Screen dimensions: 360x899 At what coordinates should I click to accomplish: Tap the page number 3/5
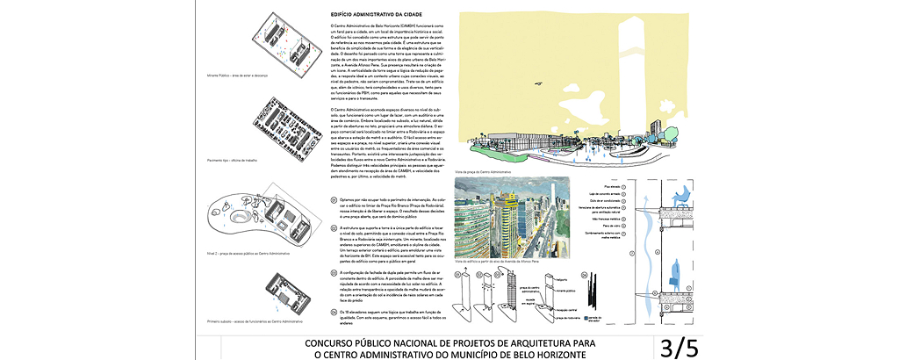click(x=681, y=347)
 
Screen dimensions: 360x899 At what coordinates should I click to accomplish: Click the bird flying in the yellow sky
click(x=532, y=85)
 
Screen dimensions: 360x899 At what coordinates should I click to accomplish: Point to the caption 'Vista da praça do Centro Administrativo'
click(x=484, y=172)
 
